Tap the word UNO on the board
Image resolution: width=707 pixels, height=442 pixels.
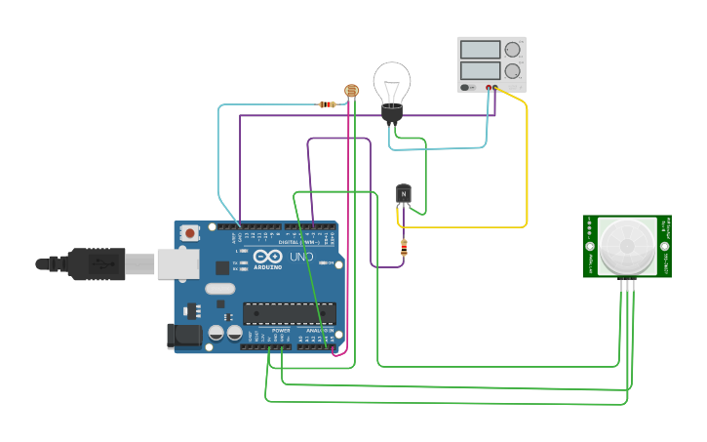point(301,258)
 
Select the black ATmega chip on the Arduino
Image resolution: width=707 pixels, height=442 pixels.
point(289,313)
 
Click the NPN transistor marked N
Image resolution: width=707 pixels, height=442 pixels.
point(404,194)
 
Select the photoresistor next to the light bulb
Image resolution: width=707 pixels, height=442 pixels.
point(351,91)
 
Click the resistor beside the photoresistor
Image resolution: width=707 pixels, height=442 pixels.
point(329,104)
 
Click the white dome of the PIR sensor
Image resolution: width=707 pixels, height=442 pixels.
point(625,246)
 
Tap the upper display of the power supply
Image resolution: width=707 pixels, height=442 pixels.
point(480,50)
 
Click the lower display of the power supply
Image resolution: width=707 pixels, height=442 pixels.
point(480,71)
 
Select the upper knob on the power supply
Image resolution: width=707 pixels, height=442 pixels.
point(512,50)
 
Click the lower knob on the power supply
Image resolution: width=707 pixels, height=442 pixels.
point(512,71)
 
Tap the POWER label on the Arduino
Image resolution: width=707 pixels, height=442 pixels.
point(281,331)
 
